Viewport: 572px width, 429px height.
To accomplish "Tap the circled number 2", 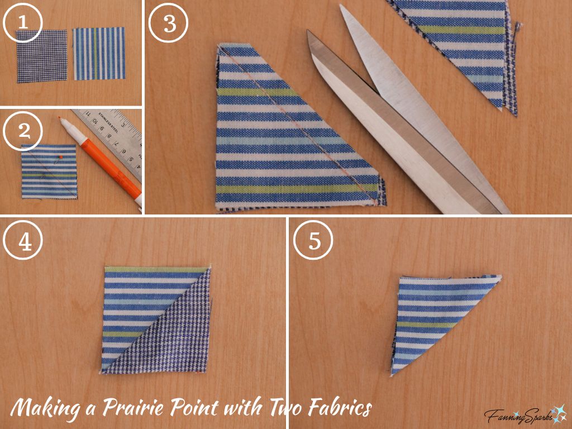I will [23, 131].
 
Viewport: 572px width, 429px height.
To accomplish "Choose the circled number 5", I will [313, 240].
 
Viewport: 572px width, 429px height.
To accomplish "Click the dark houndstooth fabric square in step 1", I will [41, 55].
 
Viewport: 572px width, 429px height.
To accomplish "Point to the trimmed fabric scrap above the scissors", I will [469, 45].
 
